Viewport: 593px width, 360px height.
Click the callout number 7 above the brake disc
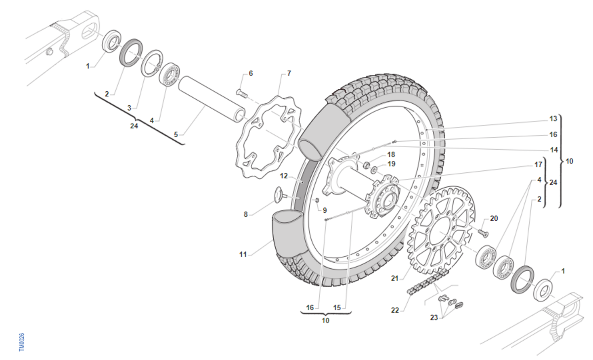(x=289, y=73)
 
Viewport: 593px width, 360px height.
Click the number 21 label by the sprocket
(x=395, y=278)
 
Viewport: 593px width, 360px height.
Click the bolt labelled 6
(x=241, y=93)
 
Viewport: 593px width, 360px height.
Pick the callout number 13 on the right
(x=553, y=119)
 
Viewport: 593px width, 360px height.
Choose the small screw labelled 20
(x=483, y=233)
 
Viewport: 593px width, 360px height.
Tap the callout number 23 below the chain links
(x=434, y=318)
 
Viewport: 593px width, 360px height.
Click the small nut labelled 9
(x=316, y=200)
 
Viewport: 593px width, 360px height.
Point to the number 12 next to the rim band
(x=284, y=176)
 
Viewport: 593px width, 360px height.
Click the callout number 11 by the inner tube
(x=243, y=254)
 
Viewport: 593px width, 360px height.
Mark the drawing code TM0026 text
(x=22, y=342)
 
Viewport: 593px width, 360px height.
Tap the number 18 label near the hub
(x=391, y=155)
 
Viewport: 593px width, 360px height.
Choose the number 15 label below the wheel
(x=337, y=308)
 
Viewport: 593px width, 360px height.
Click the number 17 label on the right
(x=538, y=164)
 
